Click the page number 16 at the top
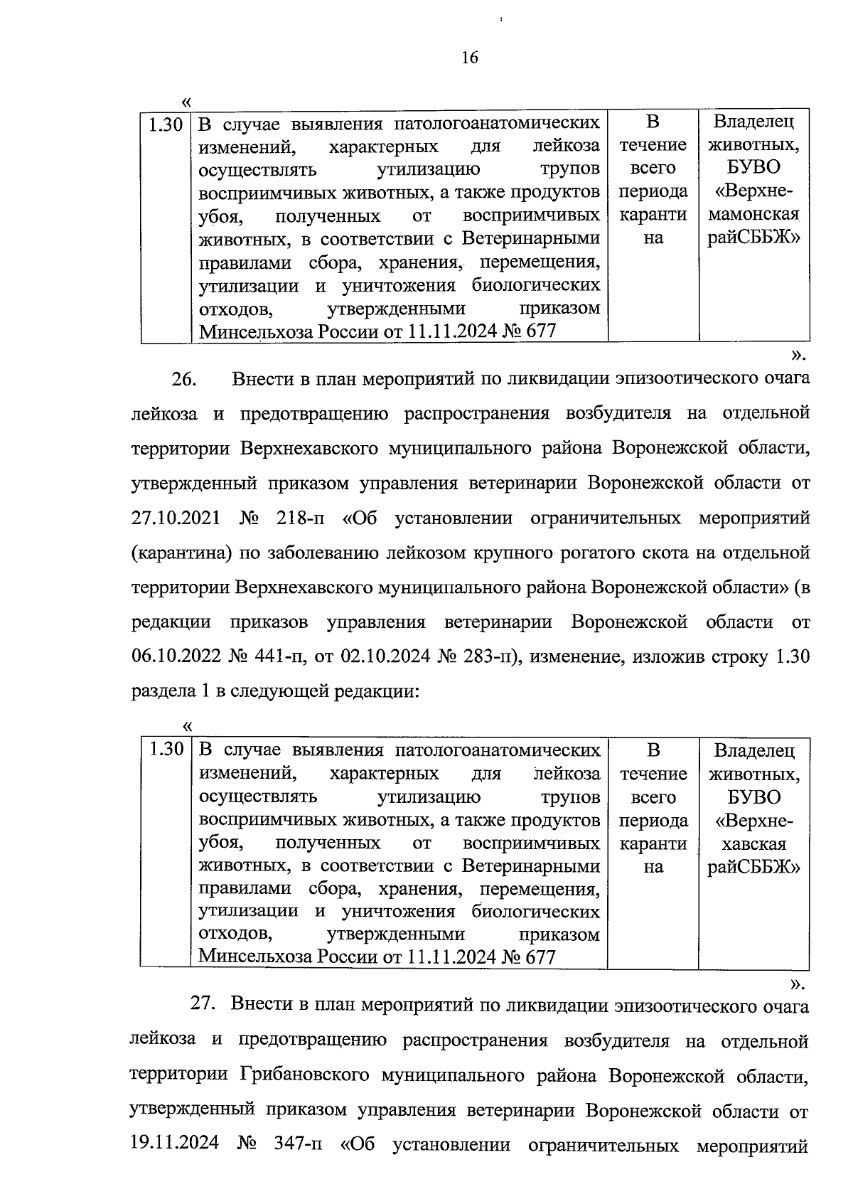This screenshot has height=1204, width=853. coord(470,58)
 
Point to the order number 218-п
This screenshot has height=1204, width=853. coord(299,518)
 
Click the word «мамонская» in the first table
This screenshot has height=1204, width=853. coord(753,214)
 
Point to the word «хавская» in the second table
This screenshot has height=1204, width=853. coord(753,844)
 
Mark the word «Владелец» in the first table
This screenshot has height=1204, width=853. coord(753,121)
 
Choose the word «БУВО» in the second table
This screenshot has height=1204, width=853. coord(753,797)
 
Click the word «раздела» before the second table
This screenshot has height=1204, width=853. coord(163,691)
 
